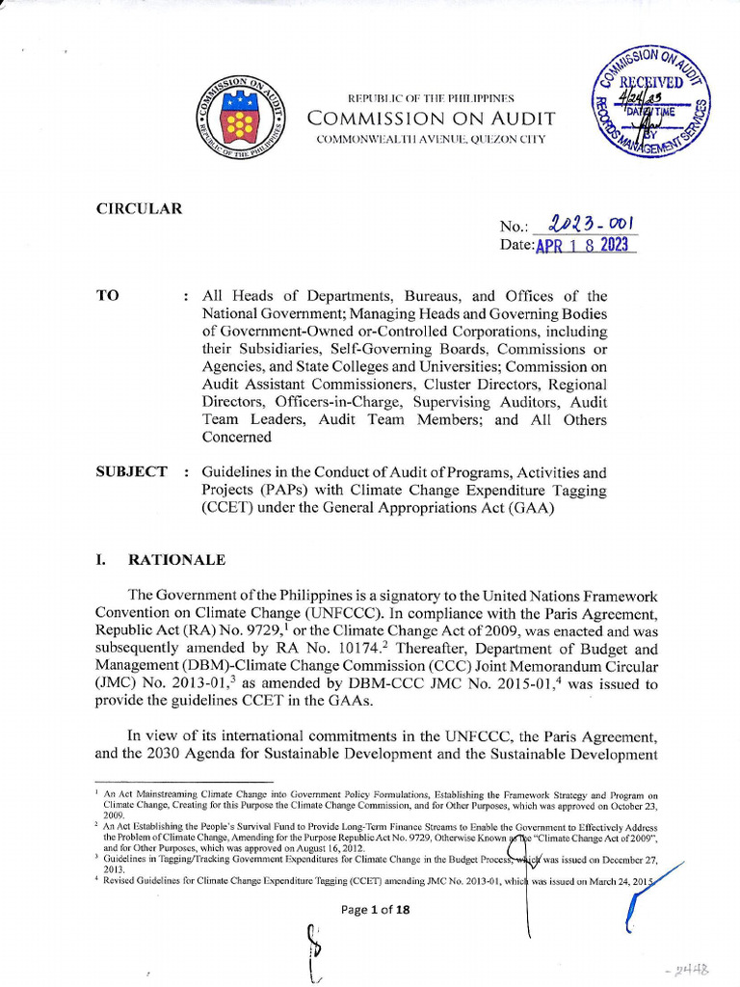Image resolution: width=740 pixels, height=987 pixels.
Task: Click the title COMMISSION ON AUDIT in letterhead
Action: pyautogui.click(x=431, y=119)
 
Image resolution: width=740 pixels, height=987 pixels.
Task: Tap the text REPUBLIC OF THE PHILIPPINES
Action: pyautogui.click(x=431, y=98)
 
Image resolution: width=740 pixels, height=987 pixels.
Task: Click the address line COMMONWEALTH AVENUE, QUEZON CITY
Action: pyautogui.click(x=431, y=140)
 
